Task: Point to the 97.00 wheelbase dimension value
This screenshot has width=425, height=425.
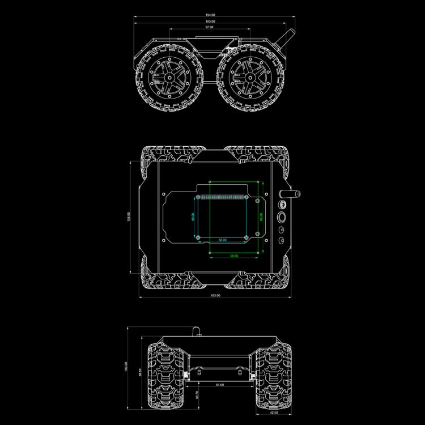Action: (x=210, y=27)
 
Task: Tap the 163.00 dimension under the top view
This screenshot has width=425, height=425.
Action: (x=215, y=295)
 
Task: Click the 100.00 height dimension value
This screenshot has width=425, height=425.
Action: (x=126, y=367)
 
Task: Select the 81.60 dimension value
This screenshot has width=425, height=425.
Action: (x=220, y=385)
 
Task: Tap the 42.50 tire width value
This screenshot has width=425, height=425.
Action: (x=274, y=412)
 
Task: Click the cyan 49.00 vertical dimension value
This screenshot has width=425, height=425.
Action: (x=193, y=216)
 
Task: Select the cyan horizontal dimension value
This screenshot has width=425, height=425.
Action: (x=223, y=240)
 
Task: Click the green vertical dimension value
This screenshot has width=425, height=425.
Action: (x=261, y=216)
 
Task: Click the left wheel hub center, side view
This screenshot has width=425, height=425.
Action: (x=168, y=77)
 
